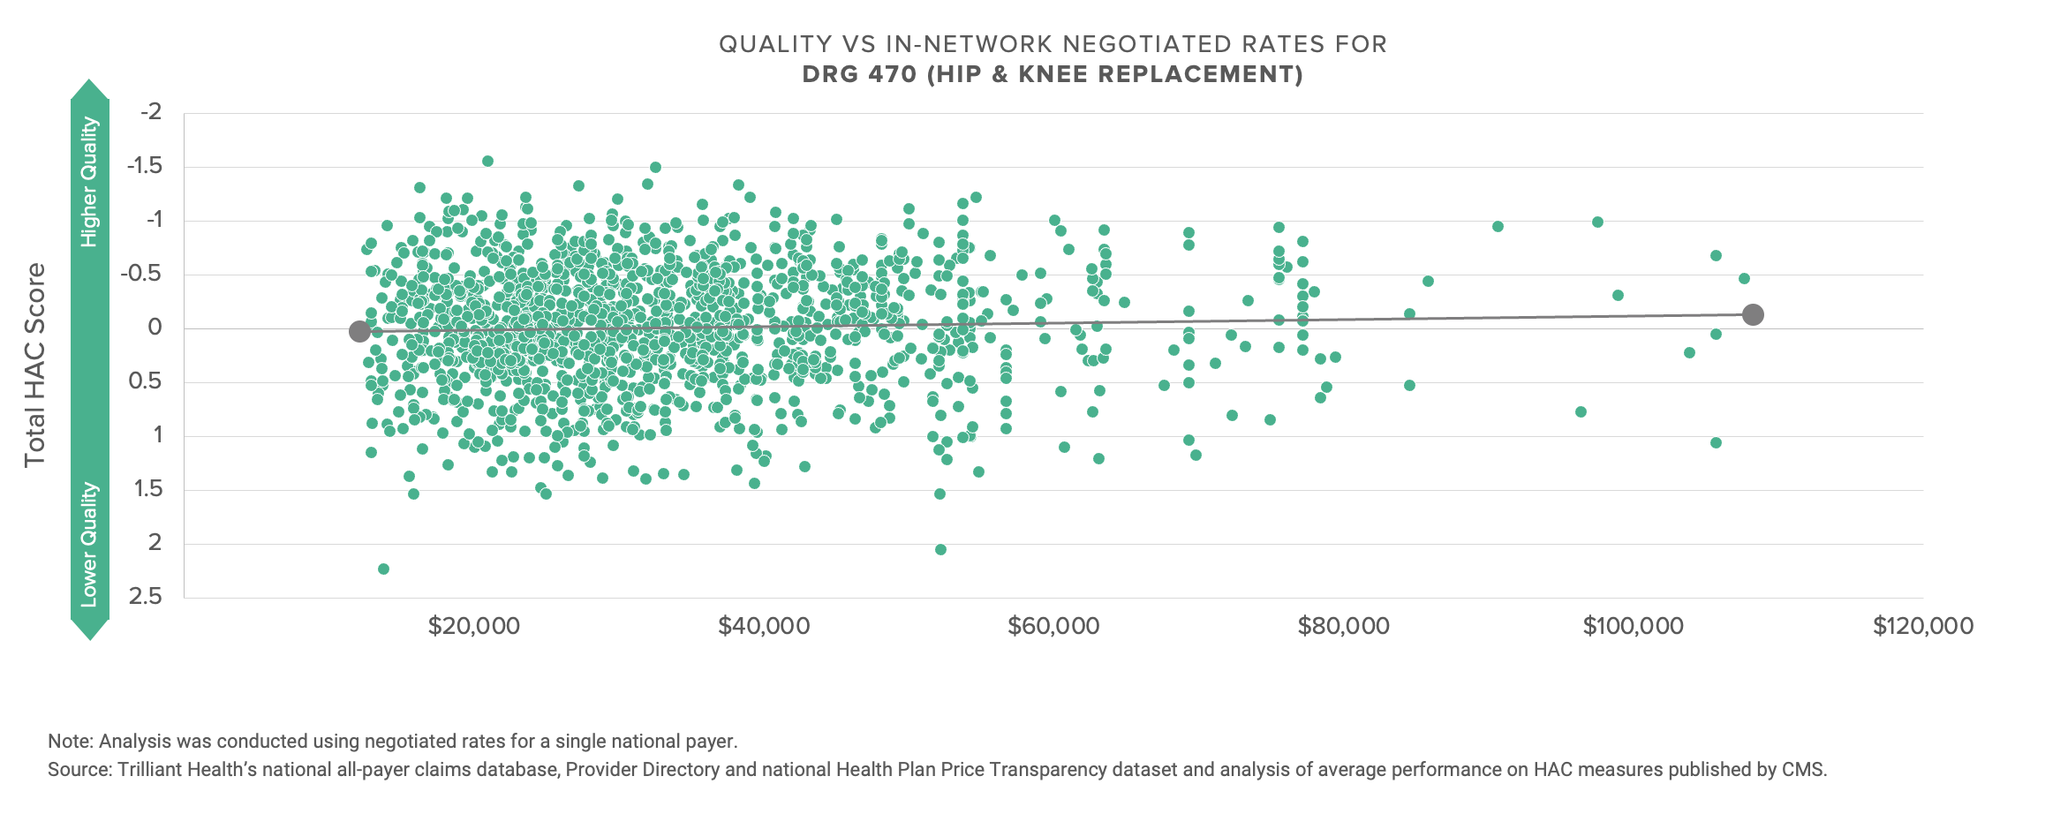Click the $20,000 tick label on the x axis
click(x=474, y=627)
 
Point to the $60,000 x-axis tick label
click(x=1053, y=627)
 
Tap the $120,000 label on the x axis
click(x=1923, y=627)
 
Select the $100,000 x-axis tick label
click(x=1634, y=627)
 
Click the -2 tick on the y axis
click(x=151, y=112)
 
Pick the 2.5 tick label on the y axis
click(x=146, y=597)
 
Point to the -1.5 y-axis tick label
click(x=145, y=166)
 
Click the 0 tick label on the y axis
click(x=155, y=328)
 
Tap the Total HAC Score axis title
click(x=35, y=366)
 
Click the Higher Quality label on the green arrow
click(x=89, y=182)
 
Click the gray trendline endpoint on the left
click(x=359, y=331)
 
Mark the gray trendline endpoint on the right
click(x=1754, y=314)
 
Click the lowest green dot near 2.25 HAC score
click(x=383, y=569)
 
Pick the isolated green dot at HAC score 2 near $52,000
click(x=940, y=549)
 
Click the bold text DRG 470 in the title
click(x=859, y=74)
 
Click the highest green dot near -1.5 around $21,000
click(x=487, y=161)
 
